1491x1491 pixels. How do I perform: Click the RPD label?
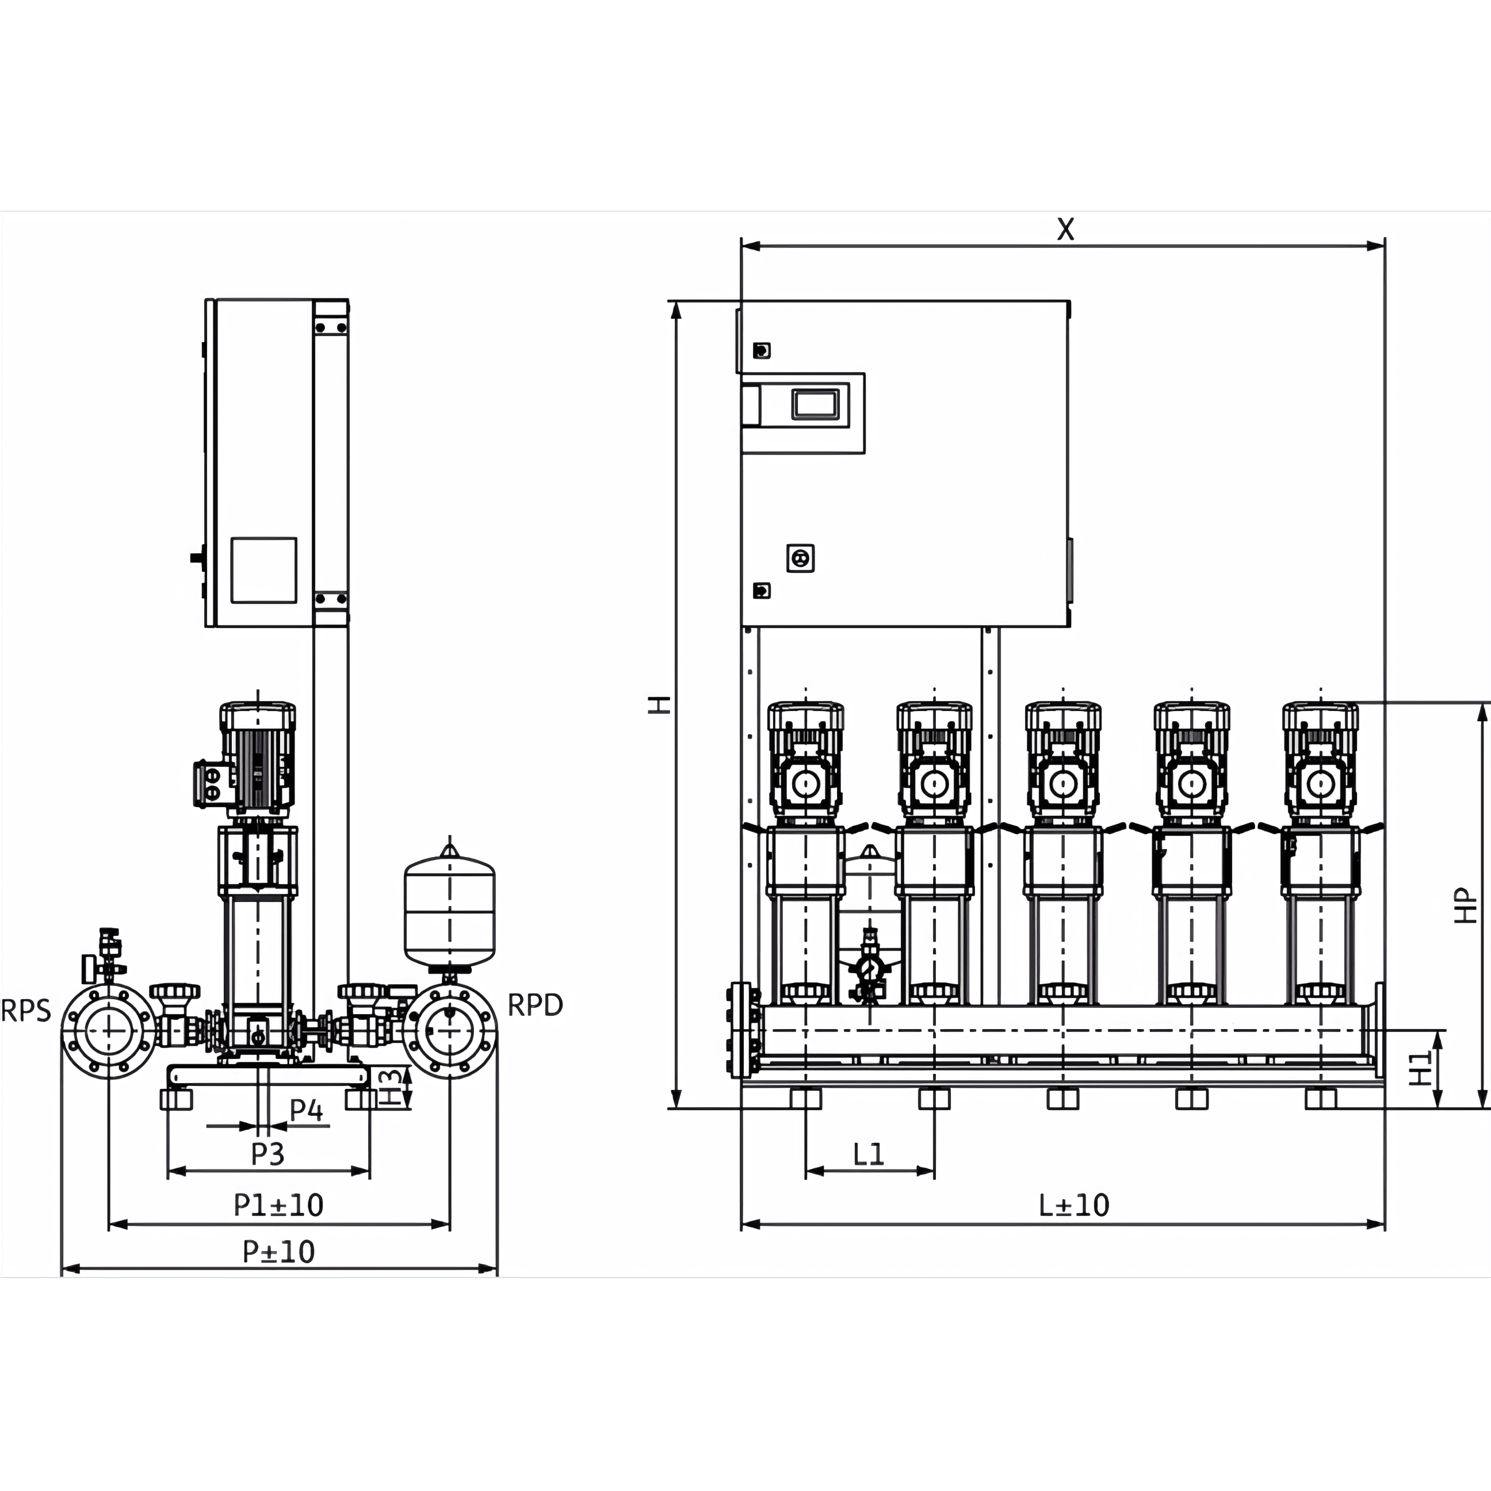(x=535, y=1005)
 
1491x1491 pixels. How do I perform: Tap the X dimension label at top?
(x=1066, y=229)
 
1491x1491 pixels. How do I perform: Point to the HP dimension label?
(x=1466, y=905)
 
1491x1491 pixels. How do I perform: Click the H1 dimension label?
(x=1421, y=1069)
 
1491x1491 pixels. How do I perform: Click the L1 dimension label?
(x=868, y=1154)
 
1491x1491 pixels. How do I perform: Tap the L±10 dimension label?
(x=1073, y=1205)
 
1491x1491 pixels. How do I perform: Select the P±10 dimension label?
(x=278, y=1252)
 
